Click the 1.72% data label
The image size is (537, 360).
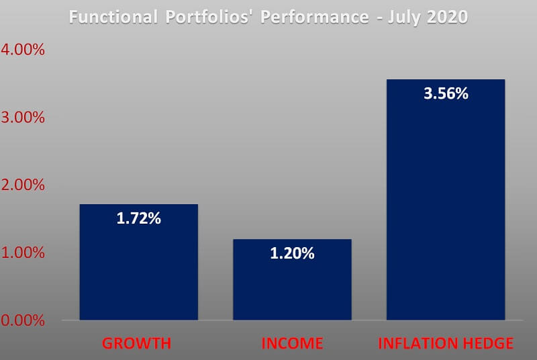(138, 218)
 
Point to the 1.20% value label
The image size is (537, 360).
(292, 253)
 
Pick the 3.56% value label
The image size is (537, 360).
(446, 93)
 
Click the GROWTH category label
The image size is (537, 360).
(137, 344)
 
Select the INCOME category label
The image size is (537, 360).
(292, 344)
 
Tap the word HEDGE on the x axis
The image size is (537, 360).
(487, 344)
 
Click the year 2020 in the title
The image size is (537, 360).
(444, 17)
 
